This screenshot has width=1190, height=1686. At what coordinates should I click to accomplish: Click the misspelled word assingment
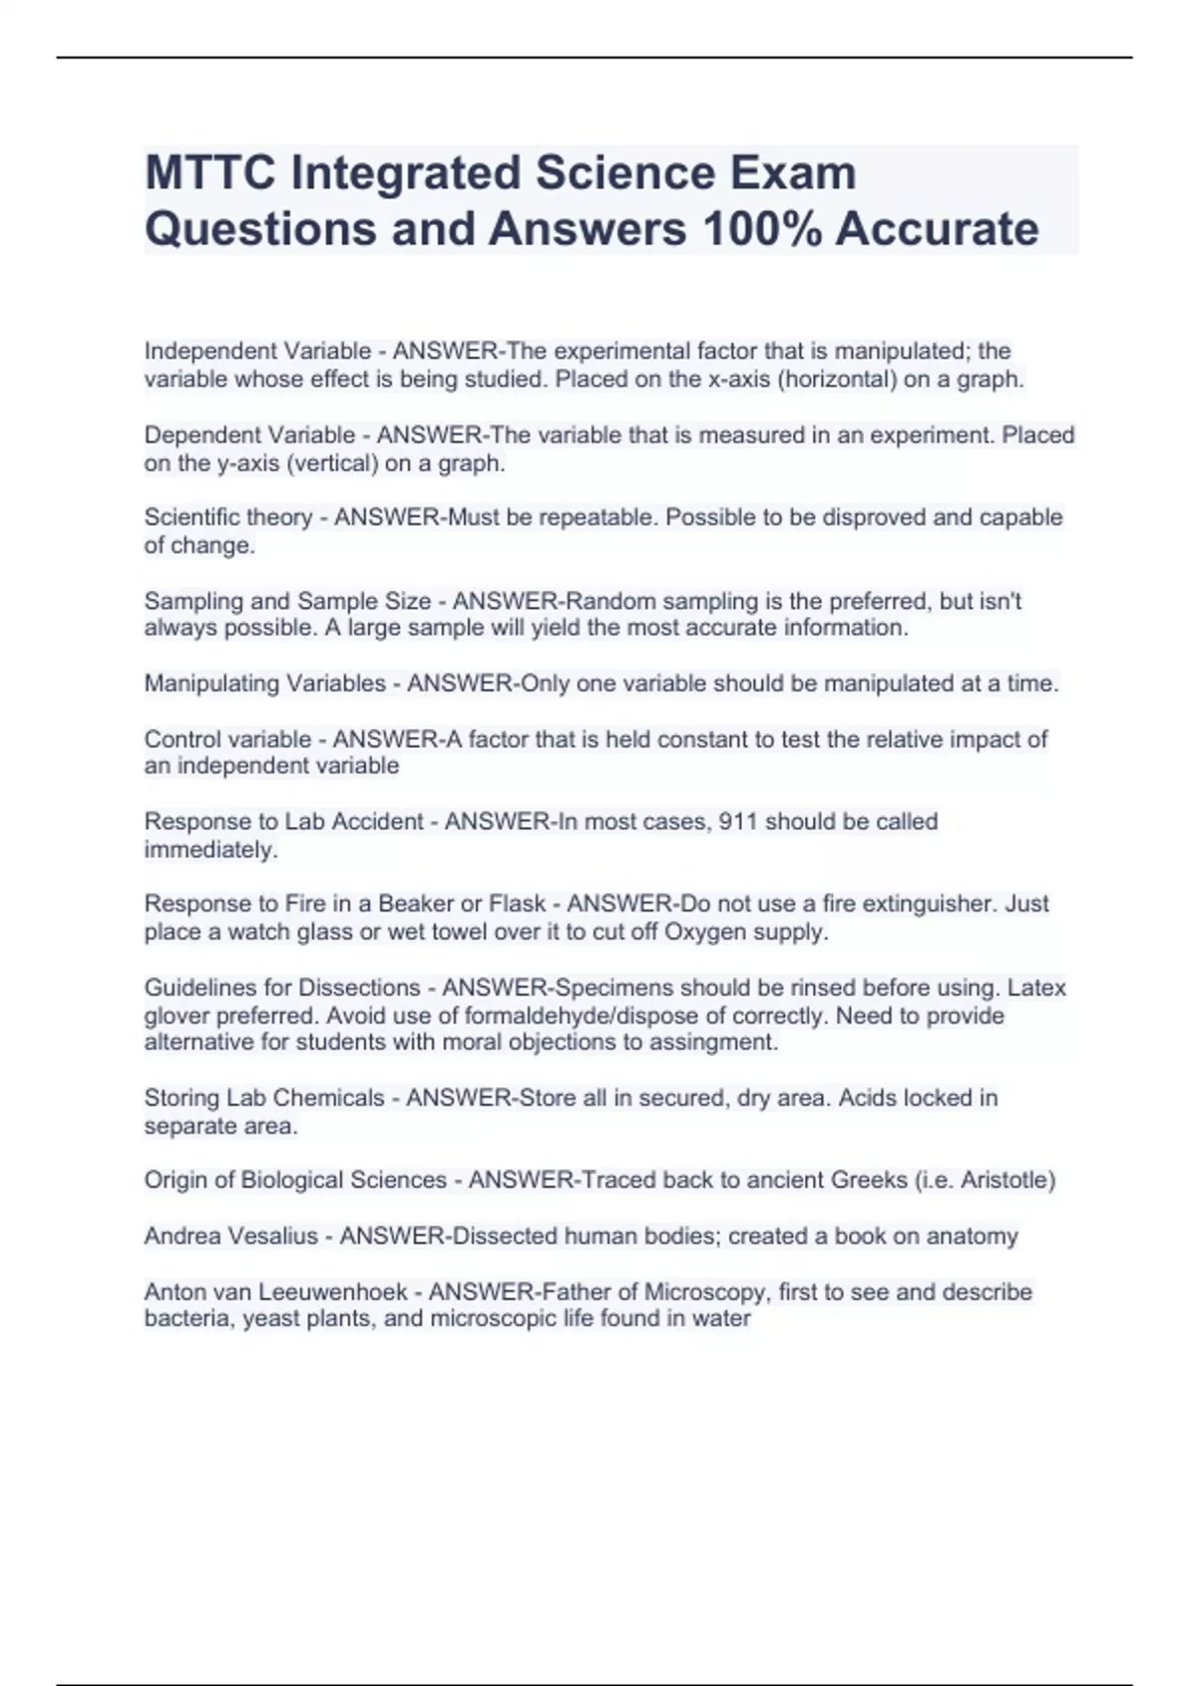tap(726, 1042)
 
